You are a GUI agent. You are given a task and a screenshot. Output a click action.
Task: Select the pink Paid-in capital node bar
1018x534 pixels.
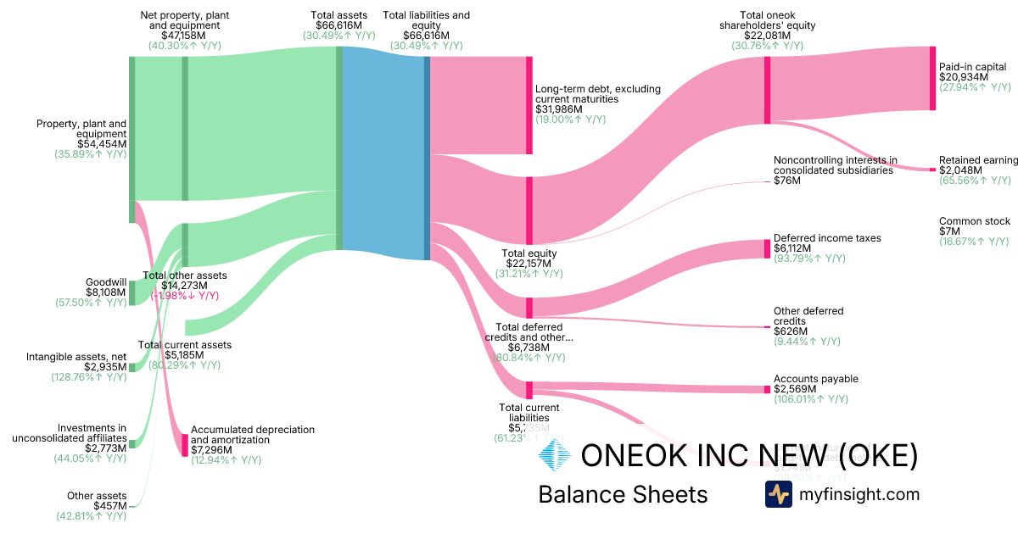tap(932, 78)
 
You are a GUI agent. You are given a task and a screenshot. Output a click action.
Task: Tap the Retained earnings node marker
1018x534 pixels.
tap(932, 170)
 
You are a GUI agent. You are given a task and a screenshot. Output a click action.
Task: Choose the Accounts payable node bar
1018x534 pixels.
tap(767, 389)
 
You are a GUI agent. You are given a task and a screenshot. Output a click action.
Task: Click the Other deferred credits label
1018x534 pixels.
tap(808, 316)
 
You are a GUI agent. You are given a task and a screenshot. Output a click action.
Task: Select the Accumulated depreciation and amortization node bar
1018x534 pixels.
tap(185, 445)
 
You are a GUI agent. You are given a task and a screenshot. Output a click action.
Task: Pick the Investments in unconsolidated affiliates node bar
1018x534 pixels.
tap(132, 444)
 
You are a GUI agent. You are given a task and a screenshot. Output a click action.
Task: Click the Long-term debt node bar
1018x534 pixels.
tap(529, 105)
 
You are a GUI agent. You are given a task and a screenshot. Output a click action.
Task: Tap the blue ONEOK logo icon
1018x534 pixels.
tap(556, 457)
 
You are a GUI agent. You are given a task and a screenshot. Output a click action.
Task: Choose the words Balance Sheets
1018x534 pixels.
tap(623, 494)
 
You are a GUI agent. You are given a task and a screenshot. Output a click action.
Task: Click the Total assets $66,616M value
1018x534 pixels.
tap(338, 25)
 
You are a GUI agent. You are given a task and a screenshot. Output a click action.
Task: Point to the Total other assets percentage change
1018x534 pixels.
tap(185, 296)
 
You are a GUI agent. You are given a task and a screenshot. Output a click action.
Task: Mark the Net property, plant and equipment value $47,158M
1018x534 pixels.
tap(184, 36)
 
